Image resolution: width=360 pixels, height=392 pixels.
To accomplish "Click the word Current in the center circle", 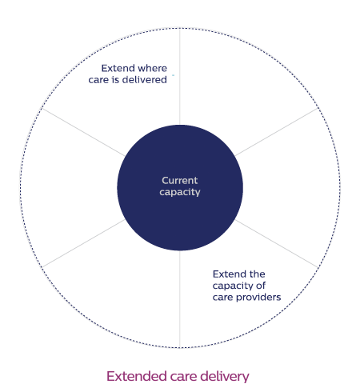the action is [180, 181].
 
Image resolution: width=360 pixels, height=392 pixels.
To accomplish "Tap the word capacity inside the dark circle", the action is [180, 193].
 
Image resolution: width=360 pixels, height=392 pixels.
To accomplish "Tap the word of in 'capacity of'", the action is [261, 286].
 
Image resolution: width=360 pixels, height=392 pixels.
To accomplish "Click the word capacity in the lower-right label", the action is [233, 286].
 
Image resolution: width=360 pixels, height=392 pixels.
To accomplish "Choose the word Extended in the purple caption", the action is [137, 376].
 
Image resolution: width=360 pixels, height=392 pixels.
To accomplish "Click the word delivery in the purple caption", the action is [225, 377].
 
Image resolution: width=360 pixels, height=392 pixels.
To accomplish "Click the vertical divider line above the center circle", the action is [180, 76].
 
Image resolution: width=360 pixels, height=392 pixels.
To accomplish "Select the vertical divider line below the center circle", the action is [180, 299].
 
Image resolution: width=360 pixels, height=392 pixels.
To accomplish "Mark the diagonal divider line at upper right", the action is [277, 132].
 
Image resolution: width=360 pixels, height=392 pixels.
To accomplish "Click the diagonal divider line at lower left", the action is [83, 243].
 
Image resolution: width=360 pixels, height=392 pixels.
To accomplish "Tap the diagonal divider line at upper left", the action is [83, 132].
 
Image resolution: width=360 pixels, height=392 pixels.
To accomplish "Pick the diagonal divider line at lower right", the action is [277, 243].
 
